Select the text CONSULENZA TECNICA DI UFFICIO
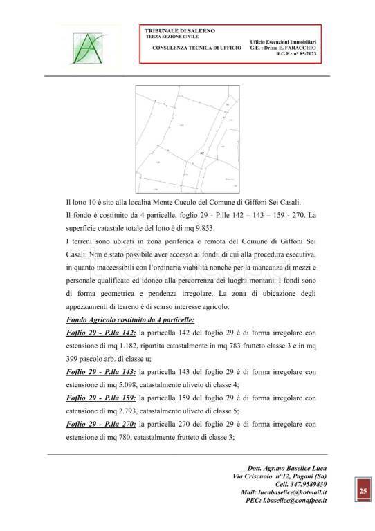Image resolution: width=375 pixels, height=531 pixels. click(196, 48)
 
